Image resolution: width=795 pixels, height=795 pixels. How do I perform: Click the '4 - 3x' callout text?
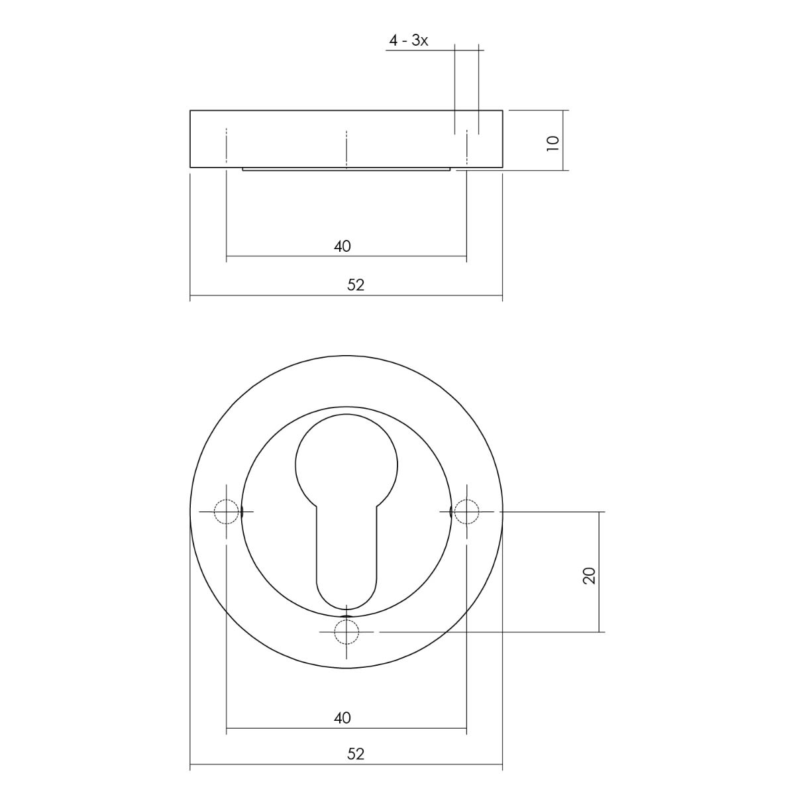point(409,41)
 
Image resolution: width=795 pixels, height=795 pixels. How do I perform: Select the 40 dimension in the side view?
point(343,246)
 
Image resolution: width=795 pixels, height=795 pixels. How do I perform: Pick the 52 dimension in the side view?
point(356,285)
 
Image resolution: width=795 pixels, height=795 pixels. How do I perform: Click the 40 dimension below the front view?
point(343,717)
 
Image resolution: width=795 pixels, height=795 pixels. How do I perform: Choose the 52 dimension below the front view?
point(356,754)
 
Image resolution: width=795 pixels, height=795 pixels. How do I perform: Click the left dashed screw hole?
point(227,512)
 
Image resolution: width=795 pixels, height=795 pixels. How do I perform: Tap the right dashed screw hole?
point(466,511)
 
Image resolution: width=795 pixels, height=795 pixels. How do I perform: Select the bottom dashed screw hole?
point(346,632)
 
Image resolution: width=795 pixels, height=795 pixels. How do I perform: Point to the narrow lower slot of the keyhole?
point(346,556)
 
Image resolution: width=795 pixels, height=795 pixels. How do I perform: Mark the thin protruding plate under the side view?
point(346,169)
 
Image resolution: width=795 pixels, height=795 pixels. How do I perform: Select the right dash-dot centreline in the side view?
point(466,147)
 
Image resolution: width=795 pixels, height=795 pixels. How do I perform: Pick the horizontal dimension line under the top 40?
point(397,256)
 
